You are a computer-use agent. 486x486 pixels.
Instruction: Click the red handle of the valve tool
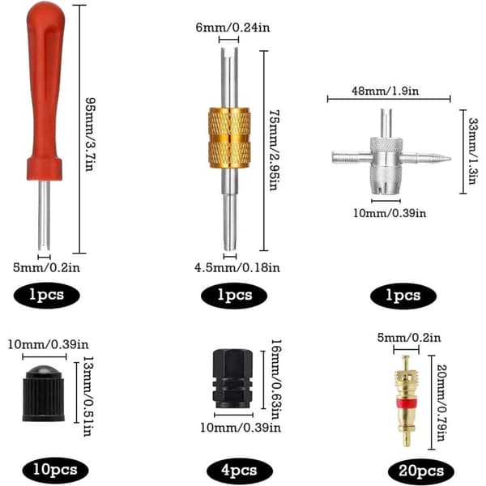[x=45, y=93]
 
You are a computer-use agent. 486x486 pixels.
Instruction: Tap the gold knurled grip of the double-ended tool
[x=229, y=138]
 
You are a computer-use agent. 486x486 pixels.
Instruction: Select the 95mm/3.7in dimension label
[x=90, y=134]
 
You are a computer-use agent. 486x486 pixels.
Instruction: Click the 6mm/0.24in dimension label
[x=232, y=28]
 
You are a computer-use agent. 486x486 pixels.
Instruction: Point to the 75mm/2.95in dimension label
[x=275, y=150]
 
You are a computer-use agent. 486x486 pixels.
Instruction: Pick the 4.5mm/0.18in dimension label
[x=237, y=267]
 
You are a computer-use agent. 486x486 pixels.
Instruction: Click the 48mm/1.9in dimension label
[x=386, y=91]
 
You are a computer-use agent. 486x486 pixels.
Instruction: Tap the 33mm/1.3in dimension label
[x=473, y=151]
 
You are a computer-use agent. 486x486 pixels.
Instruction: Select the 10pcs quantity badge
[x=55, y=470]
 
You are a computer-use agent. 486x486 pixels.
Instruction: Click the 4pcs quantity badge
[x=239, y=471]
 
